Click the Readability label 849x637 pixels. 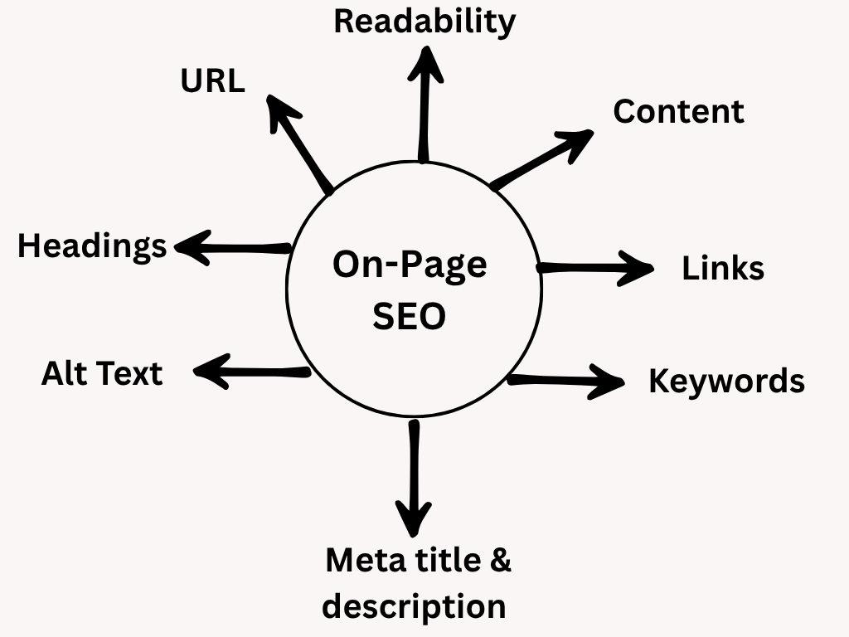(x=424, y=22)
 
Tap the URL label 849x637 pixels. (x=213, y=81)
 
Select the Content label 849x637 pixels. (x=678, y=111)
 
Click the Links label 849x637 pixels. (x=723, y=268)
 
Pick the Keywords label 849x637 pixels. (x=726, y=381)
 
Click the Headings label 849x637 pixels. (x=92, y=246)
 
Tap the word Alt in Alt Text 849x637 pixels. (x=63, y=373)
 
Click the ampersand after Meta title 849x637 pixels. (x=500, y=560)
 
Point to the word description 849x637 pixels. (x=414, y=605)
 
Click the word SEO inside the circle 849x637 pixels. (x=410, y=316)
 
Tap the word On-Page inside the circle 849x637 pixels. (x=410, y=265)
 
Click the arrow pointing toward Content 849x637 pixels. (x=543, y=159)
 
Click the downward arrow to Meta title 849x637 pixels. (x=414, y=477)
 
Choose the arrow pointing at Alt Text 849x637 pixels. (x=252, y=372)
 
